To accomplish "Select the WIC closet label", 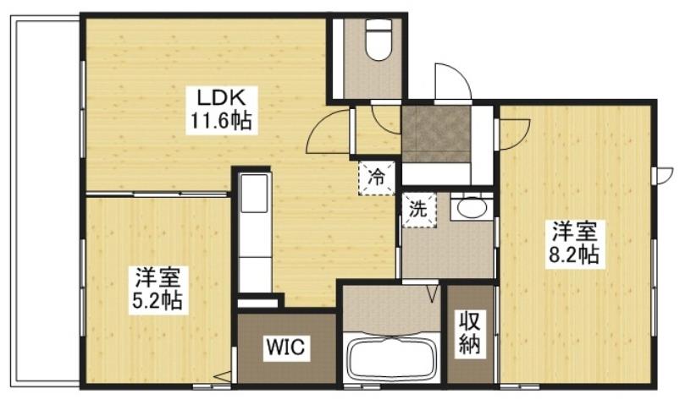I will (287, 348).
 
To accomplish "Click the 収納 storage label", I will (470, 332).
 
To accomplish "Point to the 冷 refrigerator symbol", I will (375, 178).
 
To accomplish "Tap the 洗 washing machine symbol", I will (417, 208).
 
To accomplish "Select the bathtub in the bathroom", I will (390, 360).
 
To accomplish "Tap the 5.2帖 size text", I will (158, 299).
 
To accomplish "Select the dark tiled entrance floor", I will (435, 132).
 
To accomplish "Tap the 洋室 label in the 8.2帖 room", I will (576, 231).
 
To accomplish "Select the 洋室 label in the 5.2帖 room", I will (158, 276).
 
